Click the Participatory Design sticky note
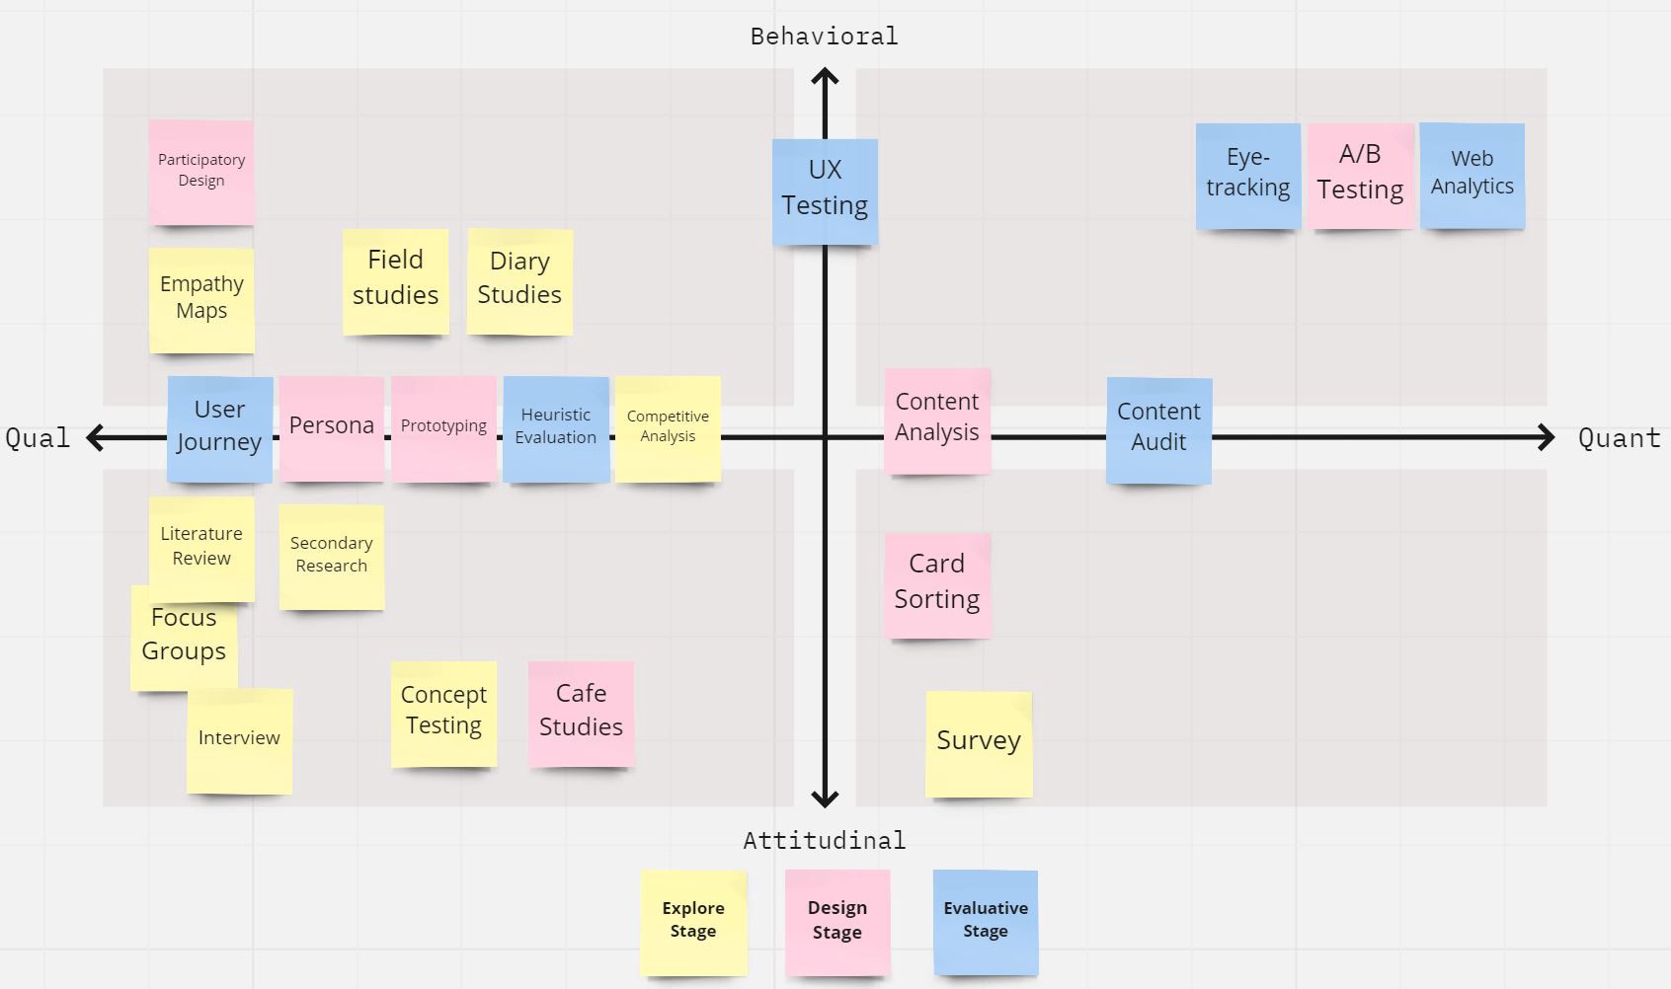[201, 172]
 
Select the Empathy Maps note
[201, 299]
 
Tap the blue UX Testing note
[825, 190]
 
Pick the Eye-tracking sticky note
[1247, 176]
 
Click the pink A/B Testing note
[1360, 175]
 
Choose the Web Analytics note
[1472, 175]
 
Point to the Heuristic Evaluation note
[556, 428]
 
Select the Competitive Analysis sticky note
[668, 428]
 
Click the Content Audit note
[1158, 429]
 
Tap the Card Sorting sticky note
[937, 584]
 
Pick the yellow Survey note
[979, 743]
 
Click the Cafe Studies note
[581, 713]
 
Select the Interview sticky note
[239, 740]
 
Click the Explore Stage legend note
[693, 922]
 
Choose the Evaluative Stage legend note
[986, 922]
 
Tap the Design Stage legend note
[837, 922]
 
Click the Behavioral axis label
[824, 37]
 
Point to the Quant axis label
[1619, 438]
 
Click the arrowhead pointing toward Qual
[96, 437]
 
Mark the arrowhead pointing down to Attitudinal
[825, 798]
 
